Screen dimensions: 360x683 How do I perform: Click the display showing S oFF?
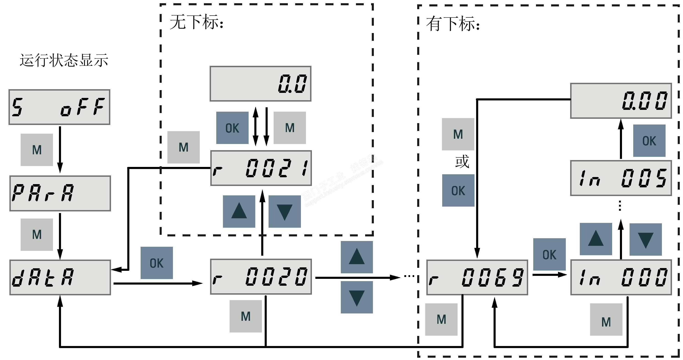click(59, 107)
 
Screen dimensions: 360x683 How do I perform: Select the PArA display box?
click(60, 193)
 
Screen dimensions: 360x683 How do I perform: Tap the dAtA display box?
click(60, 277)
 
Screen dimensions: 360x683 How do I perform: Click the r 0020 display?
click(261, 277)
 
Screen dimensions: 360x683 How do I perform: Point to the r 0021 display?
click(261, 168)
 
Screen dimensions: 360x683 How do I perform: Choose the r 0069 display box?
click(477, 277)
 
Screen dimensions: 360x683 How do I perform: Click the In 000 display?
click(621, 277)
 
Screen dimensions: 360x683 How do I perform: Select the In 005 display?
click(621, 178)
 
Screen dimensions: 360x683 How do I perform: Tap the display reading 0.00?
click(621, 101)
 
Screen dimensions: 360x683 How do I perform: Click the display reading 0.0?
click(260, 84)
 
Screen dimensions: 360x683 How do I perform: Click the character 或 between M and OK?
click(462, 162)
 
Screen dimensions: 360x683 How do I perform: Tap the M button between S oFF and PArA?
click(37, 150)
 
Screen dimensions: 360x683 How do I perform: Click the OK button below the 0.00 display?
click(649, 141)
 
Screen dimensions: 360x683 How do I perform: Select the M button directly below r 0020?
click(246, 316)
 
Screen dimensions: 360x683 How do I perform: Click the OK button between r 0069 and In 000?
click(549, 255)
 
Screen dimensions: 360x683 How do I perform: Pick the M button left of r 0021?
click(183, 147)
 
